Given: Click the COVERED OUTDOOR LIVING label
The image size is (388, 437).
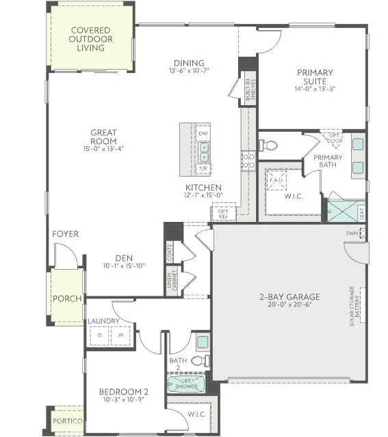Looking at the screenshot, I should coord(91,40).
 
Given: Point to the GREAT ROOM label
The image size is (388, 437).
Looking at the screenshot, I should coord(104,137).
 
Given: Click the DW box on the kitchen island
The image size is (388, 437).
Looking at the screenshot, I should coord(203,132).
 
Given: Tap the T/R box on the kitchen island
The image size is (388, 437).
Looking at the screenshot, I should coord(203,168).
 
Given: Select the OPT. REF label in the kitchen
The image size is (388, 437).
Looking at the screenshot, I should coord(223,212).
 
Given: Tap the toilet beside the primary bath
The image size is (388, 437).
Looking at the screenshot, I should coord(268,145).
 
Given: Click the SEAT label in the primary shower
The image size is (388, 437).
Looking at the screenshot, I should coord(361,213).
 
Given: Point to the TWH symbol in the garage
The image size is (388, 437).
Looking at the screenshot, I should coord(354,233).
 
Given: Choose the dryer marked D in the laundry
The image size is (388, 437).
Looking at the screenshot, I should coord(100,335).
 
